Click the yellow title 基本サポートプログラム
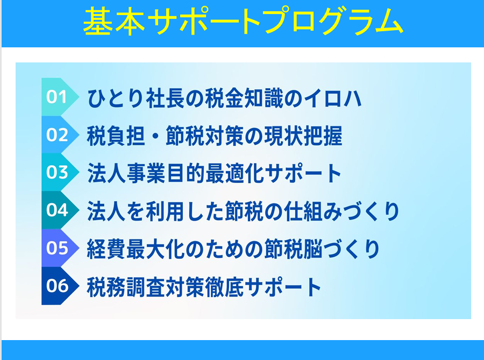(x=243, y=21)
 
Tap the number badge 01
(x=60, y=97)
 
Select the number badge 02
(x=60, y=135)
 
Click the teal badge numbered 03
(x=60, y=172)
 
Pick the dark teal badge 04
(x=60, y=210)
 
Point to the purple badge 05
(x=60, y=248)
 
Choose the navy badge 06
(x=60, y=286)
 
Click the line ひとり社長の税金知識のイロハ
(x=224, y=98)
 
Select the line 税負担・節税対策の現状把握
(x=215, y=136)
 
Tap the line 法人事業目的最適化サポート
(x=214, y=173)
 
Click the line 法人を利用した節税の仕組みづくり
(x=243, y=211)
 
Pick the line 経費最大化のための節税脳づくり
(x=233, y=249)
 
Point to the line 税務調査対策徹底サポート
(x=204, y=287)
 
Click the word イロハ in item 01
(x=332, y=98)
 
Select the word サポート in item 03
(x=303, y=173)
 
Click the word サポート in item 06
(x=283, y=287)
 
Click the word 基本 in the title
(x=114, y=21)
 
